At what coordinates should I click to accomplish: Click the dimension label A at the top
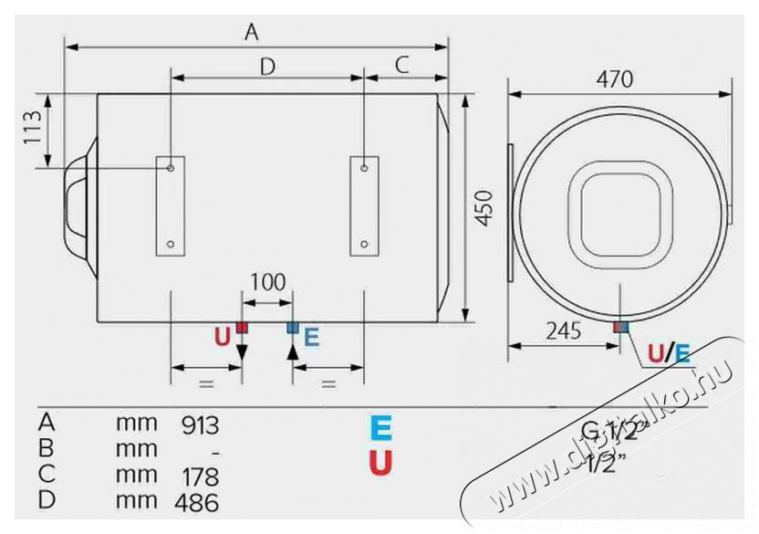pos(253,32)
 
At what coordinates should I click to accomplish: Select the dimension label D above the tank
pos(267,66)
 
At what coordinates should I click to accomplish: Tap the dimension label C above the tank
pos(402,65)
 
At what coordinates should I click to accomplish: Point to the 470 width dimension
pos(615,79)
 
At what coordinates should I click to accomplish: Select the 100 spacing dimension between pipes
pos(267,282)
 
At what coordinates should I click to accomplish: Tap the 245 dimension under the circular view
pos(563,331)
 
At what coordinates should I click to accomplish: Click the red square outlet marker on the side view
pos(242,327)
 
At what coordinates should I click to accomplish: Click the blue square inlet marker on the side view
pos(293,327)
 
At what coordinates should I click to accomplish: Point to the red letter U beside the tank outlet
pos(223,338)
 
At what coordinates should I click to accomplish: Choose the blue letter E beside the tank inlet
pos(311,338)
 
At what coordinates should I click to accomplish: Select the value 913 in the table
pos(201,424)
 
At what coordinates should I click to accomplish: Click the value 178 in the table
pos(201,476)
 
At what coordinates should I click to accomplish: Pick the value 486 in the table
pos(201,502)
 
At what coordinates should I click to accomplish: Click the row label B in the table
pos(47,449)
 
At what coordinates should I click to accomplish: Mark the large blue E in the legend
pos(380,428)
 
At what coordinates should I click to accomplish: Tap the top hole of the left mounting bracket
pos(171,168)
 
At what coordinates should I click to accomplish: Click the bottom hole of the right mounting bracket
pos(364,244)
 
